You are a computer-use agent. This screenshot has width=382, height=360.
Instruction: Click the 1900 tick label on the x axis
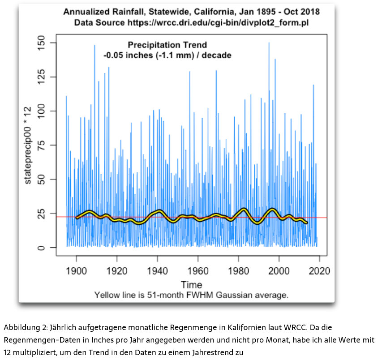[76, 271]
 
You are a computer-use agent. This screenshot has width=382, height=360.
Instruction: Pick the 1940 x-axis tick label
[157, 271]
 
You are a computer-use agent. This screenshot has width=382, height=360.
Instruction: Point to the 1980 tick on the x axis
[238, 271]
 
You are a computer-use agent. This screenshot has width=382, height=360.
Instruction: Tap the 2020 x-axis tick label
[319, 271]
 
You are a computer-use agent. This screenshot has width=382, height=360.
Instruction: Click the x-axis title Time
[191, 285]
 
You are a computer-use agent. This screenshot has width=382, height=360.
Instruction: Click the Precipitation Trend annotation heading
[167, 45]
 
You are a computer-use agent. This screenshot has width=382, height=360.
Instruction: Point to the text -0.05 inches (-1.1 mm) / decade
[167, 56]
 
